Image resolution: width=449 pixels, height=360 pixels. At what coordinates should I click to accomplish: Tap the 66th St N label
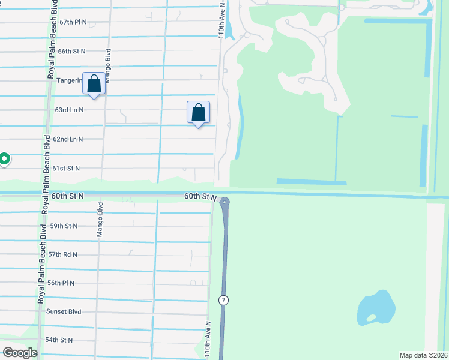72,52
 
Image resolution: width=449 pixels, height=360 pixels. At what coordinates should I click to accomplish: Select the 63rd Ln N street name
69,110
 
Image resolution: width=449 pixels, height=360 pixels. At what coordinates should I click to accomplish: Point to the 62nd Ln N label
68,139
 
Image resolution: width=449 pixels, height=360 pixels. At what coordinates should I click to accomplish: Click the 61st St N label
65,169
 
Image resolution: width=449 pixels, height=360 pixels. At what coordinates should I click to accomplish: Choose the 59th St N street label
64,226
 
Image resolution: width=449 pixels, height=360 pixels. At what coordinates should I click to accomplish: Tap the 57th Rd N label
62,255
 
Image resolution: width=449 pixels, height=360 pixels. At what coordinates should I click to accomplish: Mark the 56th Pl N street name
61,283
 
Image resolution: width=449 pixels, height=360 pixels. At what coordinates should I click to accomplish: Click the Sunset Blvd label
64,312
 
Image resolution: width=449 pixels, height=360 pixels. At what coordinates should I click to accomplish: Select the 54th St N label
59,340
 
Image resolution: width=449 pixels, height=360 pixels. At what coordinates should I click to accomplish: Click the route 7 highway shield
223,300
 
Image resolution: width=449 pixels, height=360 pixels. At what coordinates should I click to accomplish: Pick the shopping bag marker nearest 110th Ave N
198,112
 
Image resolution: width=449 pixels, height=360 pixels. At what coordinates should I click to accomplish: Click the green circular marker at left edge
4,159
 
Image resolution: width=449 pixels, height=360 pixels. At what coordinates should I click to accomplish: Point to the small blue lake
375,309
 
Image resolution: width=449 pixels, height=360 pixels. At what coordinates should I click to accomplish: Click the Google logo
20,353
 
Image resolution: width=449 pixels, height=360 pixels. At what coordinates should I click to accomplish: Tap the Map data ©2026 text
424,355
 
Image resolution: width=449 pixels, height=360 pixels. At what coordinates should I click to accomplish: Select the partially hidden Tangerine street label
70,80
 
